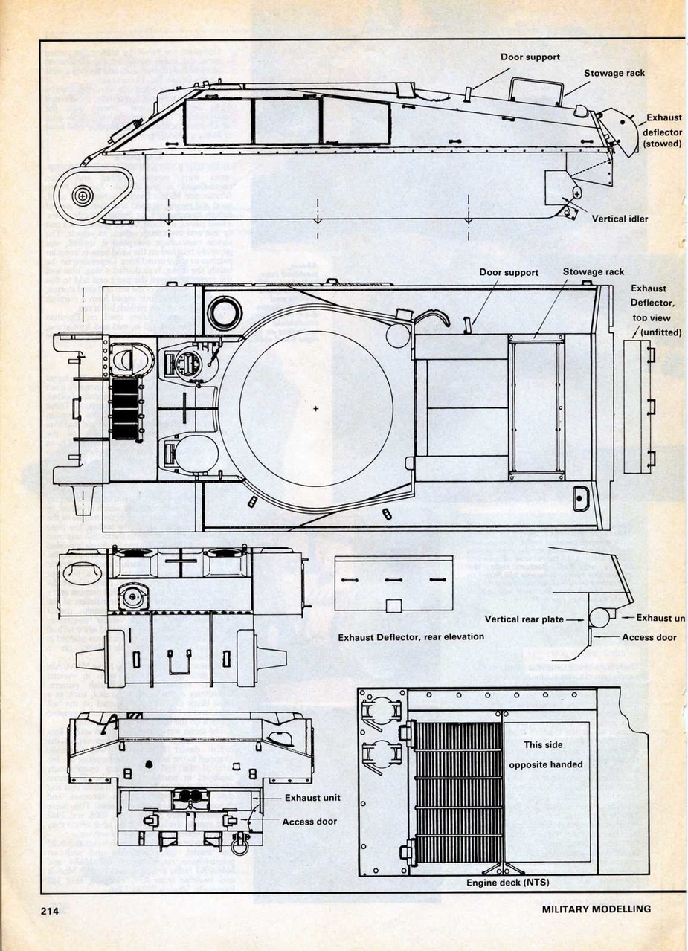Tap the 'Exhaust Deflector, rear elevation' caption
(x=411, y=637)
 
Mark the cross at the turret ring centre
(x=315, y=407)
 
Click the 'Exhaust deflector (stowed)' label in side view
(x=662, y=130)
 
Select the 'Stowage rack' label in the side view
(x=614, y=73)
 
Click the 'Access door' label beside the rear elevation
(x=309, y=822)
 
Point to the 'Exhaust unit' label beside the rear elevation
(x=312, y=798)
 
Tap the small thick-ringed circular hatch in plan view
(x=224, y=313)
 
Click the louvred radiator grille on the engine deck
(x=457, y=792)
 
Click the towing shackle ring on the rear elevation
(x=239, y=845)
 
